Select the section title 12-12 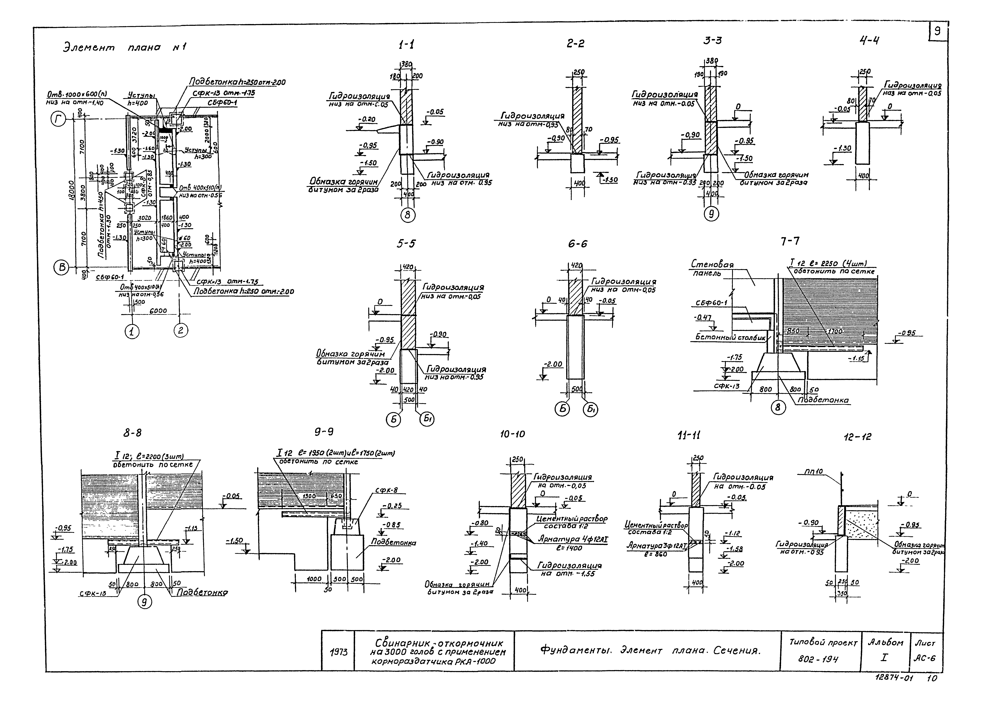[857, 437]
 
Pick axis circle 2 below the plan [181, 331]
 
